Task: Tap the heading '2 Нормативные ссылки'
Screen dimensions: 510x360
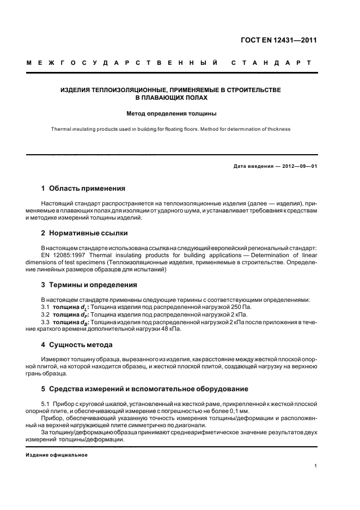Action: (84, 233)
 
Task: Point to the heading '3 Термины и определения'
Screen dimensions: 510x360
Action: (89, 285)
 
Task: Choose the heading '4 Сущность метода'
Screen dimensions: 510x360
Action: (77, 344)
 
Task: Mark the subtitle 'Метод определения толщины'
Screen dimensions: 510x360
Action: (172, 114)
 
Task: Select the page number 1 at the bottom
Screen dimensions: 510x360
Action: (316, 466)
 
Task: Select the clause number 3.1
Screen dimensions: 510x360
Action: (46, 307)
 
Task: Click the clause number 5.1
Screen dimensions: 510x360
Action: (46, 403)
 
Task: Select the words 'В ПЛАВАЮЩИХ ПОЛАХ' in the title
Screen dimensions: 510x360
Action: (172, 98)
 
